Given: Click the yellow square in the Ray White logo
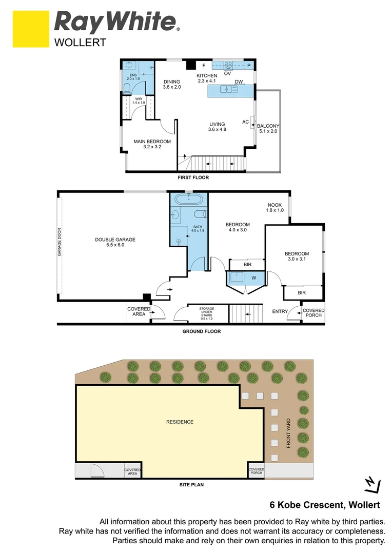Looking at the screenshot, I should point(30,30).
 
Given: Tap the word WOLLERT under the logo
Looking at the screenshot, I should point(80,43).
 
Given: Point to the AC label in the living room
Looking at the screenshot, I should point(245,122).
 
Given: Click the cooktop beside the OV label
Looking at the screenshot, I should point(228,65).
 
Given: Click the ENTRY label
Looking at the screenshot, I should point(280,311).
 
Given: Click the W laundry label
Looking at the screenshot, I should point(253,278).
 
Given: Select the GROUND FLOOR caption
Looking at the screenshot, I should point(202,331).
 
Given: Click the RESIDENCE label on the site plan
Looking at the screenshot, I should point(180,422).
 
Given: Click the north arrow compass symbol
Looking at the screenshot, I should point(371,483).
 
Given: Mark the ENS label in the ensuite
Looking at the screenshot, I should point(133,76).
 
